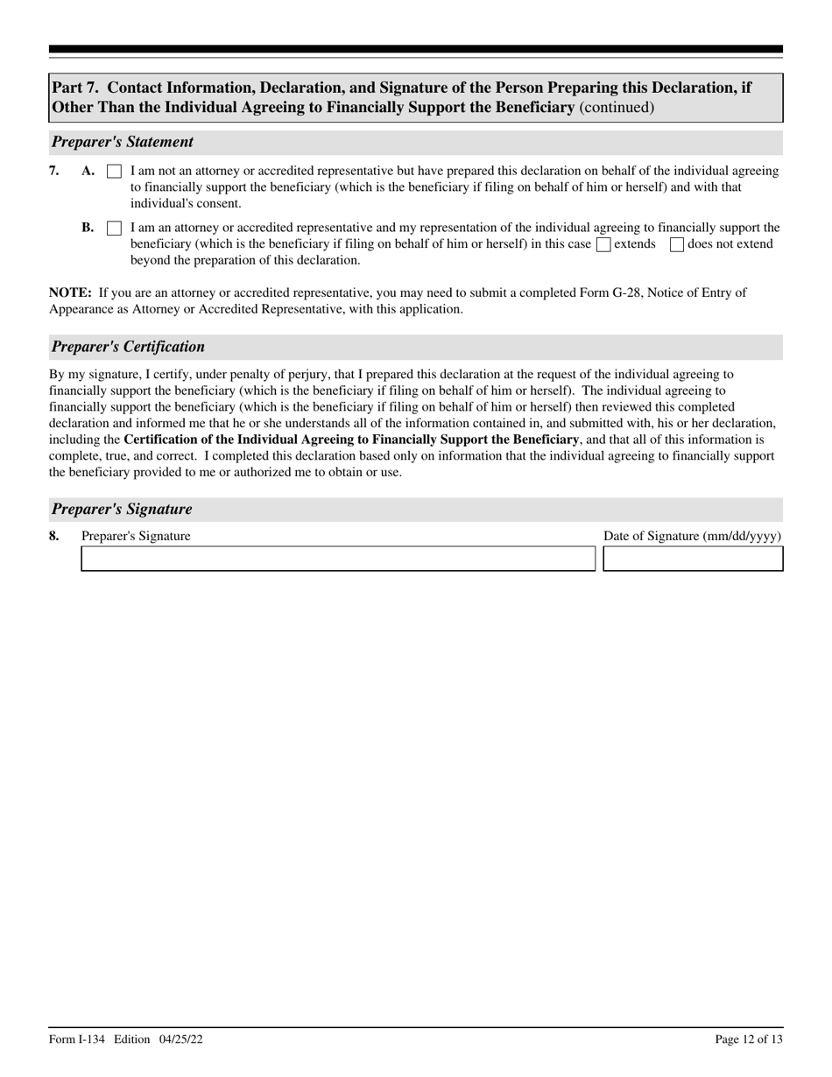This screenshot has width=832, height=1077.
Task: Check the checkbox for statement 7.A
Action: click(x=114, y=172)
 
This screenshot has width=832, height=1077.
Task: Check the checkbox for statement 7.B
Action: click(x=114, y=229)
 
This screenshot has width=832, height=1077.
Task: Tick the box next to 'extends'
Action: click(x=603, y=245)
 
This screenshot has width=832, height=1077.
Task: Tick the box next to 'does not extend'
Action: click(x=676, y=245)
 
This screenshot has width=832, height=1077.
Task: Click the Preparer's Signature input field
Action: click(x=338, y=559)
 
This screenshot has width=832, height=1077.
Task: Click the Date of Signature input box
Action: click(x=693, y=559)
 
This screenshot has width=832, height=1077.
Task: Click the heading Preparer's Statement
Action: click(x=123, y=142)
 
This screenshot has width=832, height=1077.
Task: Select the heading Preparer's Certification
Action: click(x=128, y=347)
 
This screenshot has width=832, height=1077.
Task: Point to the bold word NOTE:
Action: click(x=70, y=292)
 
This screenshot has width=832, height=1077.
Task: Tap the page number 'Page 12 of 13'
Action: click(x=749, y=1039)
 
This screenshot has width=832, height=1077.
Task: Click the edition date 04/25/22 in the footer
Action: click(x=182, y=1039)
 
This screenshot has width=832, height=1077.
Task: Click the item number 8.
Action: click(x=54, y=536)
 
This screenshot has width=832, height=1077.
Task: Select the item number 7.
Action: click(x=54, y=172)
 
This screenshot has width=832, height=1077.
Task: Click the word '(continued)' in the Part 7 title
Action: click(x=616, y=108)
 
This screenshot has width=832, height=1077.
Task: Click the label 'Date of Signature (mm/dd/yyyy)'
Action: click(x=692, y=536)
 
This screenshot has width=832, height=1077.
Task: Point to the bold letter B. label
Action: click(x=88, y=228)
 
